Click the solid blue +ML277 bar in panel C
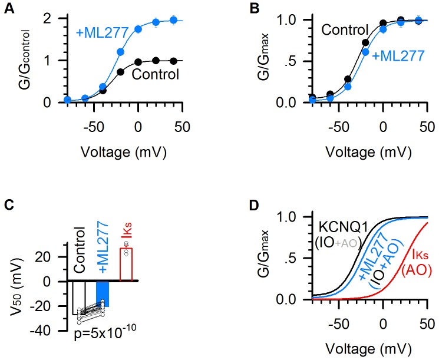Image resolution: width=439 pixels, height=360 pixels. pyautogui.click(x=102, y=294)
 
